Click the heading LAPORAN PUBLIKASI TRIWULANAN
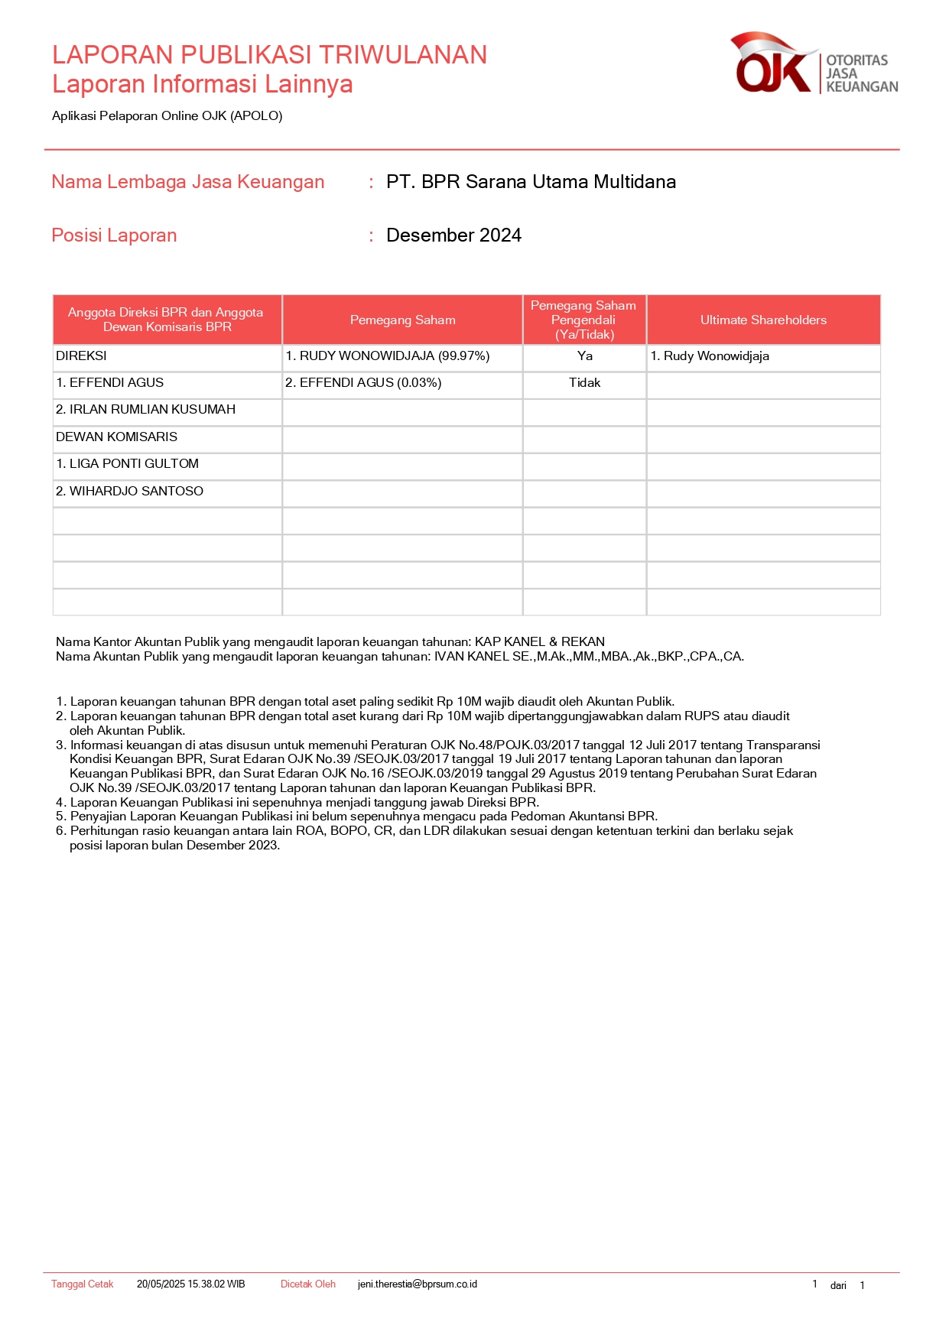[x=269, y=55]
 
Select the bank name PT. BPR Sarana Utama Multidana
[x=531, y=182]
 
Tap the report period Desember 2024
[x=453, y=235]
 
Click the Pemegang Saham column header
[x=402, y=320]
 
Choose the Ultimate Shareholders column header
[x=763, y=320]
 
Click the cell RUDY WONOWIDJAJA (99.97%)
[x=388, y=356]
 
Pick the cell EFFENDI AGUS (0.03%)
[x=363, y=383]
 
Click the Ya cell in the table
[x=585, y=356]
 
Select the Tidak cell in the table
[x=585, y=383]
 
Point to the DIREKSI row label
[x=81, y=356]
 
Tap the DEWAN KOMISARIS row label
[x=116, y=437]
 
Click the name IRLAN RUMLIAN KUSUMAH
[x=145, y=410]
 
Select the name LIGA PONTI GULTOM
[x=127, y=464]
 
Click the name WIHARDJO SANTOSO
[x=129, y=492]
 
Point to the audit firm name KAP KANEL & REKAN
[x=539, y=642]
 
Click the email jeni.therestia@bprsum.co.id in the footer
[x=417, y=1284]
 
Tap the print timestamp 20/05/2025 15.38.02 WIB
[x=190, y=1284]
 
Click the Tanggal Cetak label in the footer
[x=82, y=1284]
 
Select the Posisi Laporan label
[x=114, y=235]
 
